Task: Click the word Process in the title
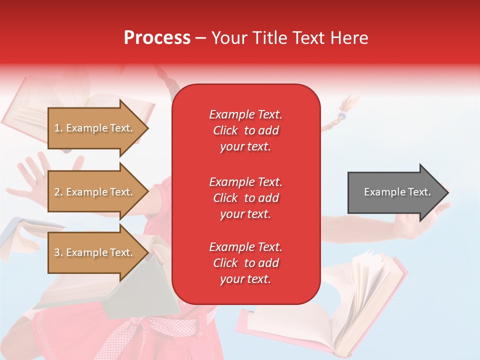tap(157, 38)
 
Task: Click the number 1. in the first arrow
tap(58, 128)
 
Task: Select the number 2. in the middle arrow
tap(58, 192)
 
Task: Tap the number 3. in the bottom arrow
tap(58, 252)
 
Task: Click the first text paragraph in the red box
tap(245, 130)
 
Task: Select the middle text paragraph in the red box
tap(245, 198)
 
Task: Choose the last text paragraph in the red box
tap(245, 263)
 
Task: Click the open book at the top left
tap(30, 107)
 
